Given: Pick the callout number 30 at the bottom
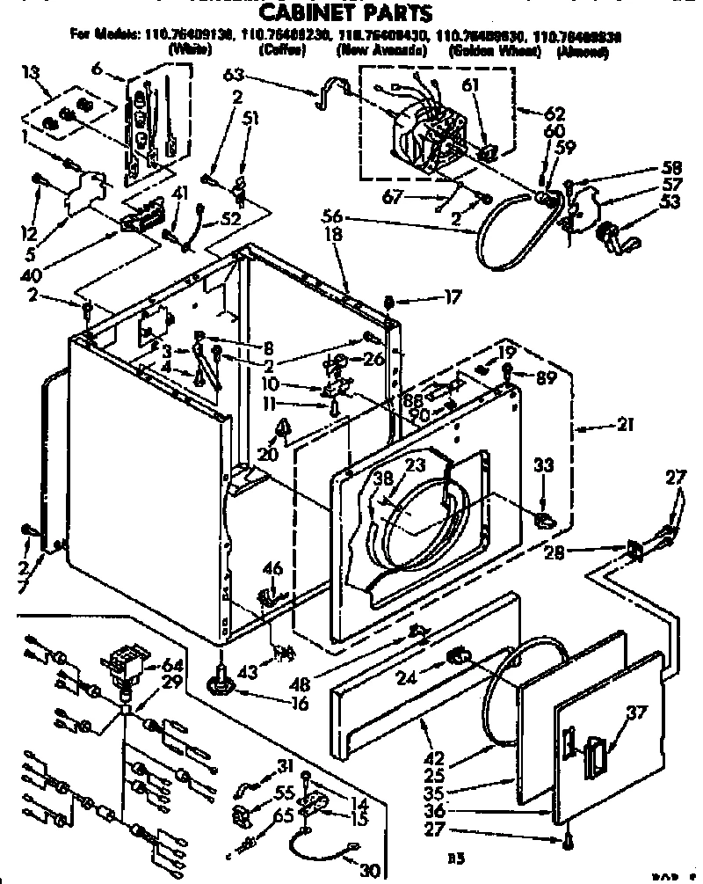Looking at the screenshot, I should click(x=372, y=872).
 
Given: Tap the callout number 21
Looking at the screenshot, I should click(x=626, y=426).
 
